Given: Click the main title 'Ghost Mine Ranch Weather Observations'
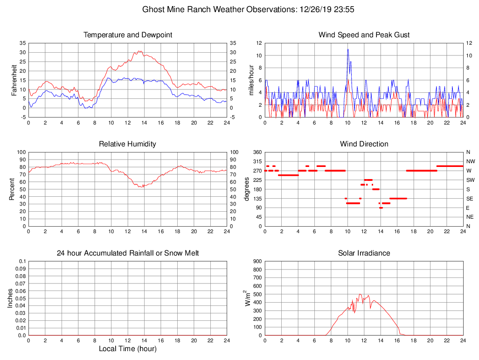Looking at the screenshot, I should (x=217, y=9).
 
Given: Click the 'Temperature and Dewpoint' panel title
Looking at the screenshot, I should (x=128, y=35).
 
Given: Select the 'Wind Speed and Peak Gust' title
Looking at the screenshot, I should (x=364, y=35).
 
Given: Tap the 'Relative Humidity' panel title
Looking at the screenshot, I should (x=127, y=144).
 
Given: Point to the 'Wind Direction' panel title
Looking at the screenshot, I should (x=364, y=144).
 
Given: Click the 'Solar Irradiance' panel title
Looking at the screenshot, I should (x=364, y=253).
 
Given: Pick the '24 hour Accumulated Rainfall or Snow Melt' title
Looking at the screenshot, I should (x=128, y=253).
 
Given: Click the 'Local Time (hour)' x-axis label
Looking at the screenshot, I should (x=127, y=349).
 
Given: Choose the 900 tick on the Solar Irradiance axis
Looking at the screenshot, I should (x=256, y=261).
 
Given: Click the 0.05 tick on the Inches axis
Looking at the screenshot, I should (x=21, y=298).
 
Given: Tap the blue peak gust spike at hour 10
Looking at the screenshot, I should (x=347, y=49).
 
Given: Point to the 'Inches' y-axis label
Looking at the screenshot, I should (x=10, y=298).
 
